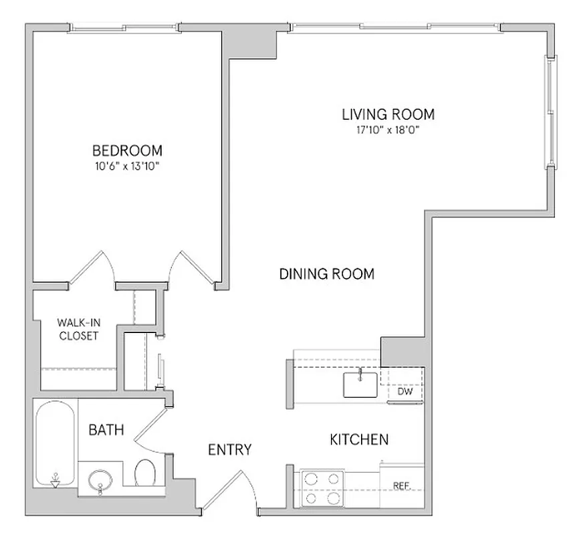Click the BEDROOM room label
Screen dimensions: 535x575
click(x=127, y=150)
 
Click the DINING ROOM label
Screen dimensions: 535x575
click(x=326, y=274)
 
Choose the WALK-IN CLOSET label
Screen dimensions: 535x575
click(x=78, y=329)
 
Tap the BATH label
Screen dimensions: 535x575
click(x=106, y=430)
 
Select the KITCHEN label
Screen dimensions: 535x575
click(x=359, y=439)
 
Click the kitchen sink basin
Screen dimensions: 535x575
click(x=361, y=385)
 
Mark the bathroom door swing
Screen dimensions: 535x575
click(x=150, y=428)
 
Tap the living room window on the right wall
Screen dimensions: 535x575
click(x=551, y=114)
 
